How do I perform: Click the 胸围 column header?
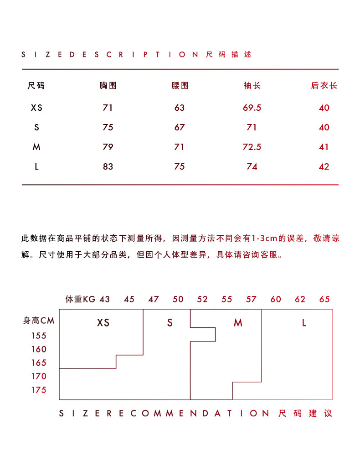tap(108, 86)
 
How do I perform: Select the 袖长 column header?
tap(252, 86)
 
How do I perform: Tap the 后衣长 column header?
tap(324, 86)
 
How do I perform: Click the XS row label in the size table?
tap(36, 108)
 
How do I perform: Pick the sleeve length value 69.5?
tap(252, 108)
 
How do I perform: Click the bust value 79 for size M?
tap(108, 147)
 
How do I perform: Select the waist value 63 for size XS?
tap(180, 108)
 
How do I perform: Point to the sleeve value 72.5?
tap(252, 147)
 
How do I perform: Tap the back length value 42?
tap(324, 166)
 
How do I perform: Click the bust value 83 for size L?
tap(108, 166)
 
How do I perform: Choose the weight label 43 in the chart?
tap(105, 300)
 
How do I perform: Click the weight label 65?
tap(324, 300)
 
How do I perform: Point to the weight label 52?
tap(202, 300)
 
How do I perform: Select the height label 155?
tap(39, 336)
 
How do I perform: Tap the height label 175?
tap(39, 390)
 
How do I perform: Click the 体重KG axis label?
tap(80, 300)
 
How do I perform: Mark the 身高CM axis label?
tap(39, 321)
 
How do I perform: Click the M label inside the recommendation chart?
tap(238, 323)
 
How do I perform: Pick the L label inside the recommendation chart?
tap(304, 323)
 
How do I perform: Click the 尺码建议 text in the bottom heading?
tap(305, 414)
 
